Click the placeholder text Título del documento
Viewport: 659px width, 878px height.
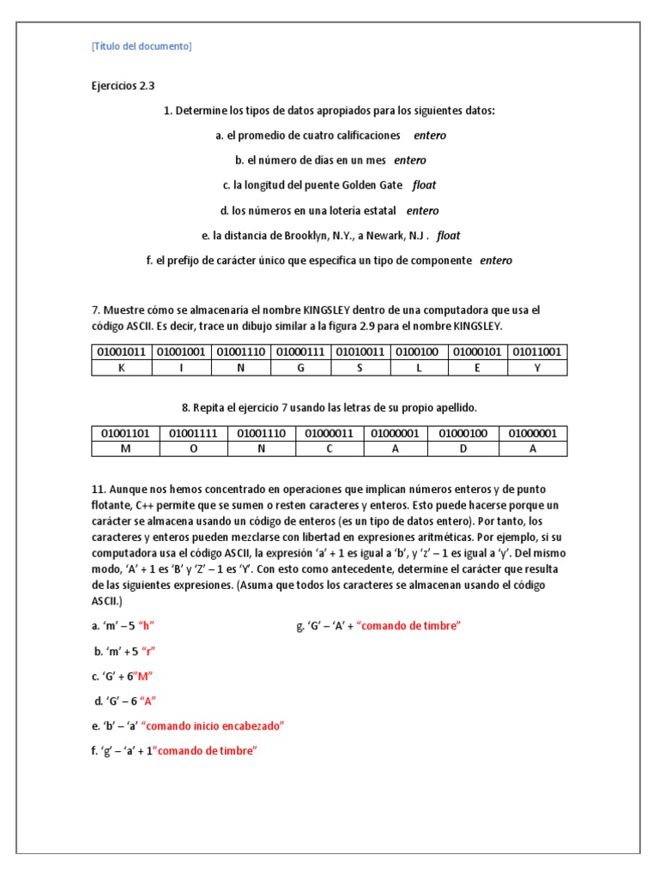(142, 46)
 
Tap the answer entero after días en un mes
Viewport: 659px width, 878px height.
(410, 160)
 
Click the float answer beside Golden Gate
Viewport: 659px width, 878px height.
(424, 185)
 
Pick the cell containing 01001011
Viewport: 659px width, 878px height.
(121, 352)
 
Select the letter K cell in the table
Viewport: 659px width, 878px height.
(121, 368)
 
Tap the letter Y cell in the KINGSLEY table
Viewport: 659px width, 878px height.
(536, 368)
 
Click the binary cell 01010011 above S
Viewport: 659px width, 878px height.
(360, 352)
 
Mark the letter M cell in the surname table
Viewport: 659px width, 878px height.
(125, 448)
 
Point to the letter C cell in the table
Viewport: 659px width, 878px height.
(329, 448)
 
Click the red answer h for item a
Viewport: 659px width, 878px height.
(156, 626)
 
